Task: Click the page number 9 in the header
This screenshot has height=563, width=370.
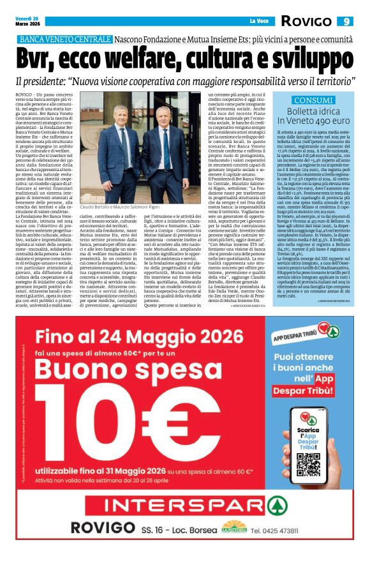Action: tap(347, 22)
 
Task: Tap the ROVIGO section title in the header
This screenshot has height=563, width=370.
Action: tap(307, 22)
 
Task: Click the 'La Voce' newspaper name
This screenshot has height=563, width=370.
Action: tap(258, 22)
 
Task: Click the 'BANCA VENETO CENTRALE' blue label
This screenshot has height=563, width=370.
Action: tap(66, 40)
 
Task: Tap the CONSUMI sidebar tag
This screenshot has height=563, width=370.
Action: tap(313, 100)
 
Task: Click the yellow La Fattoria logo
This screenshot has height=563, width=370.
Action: tap(233, 527)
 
